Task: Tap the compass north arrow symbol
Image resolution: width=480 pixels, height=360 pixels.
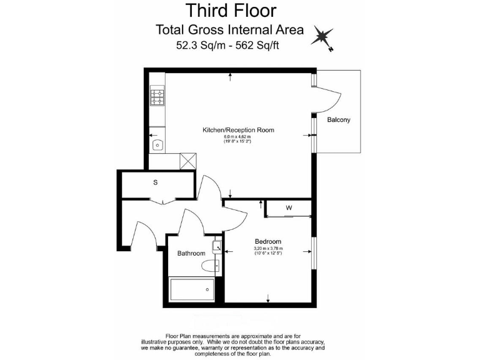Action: pos(324,37)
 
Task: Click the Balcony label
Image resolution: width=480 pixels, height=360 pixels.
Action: pos(339,119)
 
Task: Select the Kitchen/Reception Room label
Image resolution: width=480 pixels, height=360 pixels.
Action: pos(238,130)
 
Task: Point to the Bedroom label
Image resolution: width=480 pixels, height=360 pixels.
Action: pos(267,241)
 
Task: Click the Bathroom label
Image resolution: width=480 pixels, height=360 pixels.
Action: pos(191,253)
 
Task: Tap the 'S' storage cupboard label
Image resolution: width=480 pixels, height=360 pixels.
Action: pos(155,183)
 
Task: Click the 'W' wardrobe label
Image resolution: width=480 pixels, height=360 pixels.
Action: pos(289,207)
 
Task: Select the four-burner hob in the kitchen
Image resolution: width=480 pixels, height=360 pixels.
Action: pos(157,97)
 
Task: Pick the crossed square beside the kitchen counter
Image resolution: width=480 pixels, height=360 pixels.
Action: pos(187,161)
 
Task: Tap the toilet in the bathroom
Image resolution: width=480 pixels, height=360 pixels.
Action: pos(210,267)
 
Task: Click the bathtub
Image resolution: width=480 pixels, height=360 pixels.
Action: pos(192,289)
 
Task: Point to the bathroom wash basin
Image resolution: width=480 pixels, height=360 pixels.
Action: pos(217,245)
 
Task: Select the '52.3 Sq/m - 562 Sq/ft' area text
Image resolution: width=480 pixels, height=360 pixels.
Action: pos(231,45)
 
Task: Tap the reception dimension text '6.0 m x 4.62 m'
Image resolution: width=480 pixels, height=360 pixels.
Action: pos(237,137)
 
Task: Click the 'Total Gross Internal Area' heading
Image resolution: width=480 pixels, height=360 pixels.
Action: pos(229,29)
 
